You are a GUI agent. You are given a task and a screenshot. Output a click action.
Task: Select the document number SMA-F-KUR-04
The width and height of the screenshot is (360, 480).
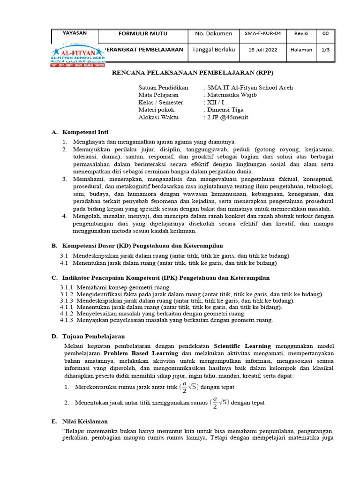point(262,34)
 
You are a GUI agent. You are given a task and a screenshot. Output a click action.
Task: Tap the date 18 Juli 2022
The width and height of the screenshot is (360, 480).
point(262,50)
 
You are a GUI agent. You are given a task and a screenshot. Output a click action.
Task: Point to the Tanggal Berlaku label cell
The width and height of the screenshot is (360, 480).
point(213,50)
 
